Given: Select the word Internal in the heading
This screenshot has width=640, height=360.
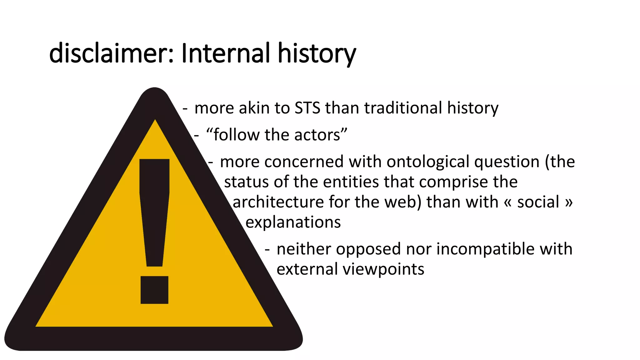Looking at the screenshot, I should (x=225, y=53).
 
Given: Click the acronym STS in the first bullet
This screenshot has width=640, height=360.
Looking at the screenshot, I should (x=307, y=108).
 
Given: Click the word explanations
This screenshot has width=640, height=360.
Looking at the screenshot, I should (x=293, y=222).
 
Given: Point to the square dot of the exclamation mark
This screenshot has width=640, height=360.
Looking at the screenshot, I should (x=154, y=290).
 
